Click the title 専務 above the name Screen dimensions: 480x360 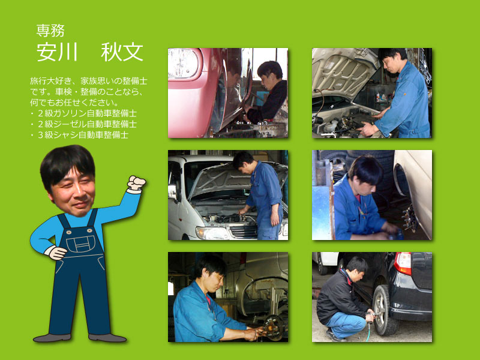click(50, 31)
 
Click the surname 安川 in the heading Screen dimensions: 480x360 click(57, 52)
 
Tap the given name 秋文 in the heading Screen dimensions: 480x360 click(122, 52)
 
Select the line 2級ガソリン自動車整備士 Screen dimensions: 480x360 click(87, 113)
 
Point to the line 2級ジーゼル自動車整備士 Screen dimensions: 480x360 click(87, 124)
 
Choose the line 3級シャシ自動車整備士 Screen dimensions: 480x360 click(83, 134)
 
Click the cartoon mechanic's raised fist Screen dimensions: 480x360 click(136, 183)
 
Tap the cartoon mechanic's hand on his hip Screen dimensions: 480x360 click(57, 253)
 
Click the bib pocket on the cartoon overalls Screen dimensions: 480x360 click(80, 244)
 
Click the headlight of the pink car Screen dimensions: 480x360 click(184, 64)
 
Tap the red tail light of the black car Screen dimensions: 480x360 click(403, 263)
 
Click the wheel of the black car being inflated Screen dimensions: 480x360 click(383, 310)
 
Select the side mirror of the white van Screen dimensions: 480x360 click(172, 192)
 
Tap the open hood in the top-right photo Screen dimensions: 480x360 click(343, 72)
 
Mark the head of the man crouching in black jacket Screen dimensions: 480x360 click(356, 266)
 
